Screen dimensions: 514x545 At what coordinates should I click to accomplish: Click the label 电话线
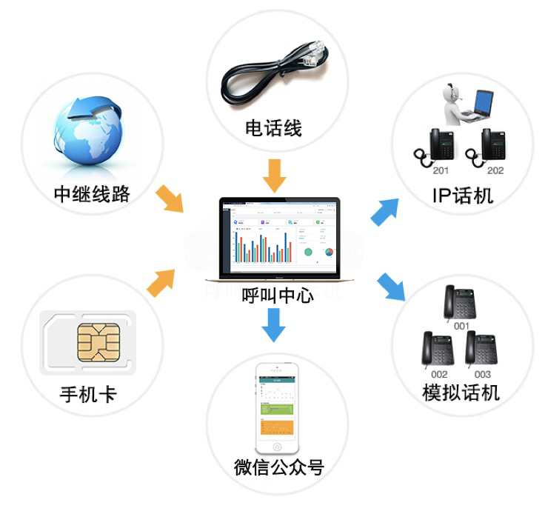pyautogui.click(x=272, y=128)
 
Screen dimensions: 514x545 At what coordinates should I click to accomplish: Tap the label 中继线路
pyautogui.click(x=92, y=194)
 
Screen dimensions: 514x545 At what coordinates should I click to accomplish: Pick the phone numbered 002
pyautogui.click(x=438, y=349)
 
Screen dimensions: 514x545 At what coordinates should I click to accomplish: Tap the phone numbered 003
pyautogui.click(x=481, y=349)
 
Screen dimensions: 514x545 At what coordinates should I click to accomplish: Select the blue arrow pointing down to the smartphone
pyautogui.click(x=274, y=323)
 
